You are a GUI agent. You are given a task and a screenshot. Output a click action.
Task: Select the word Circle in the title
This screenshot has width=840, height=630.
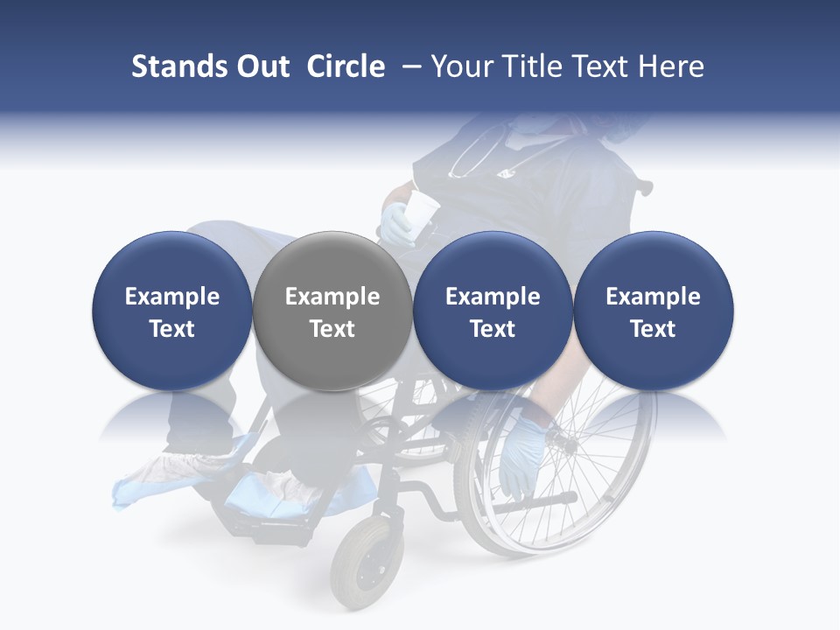click(x=346, y=66)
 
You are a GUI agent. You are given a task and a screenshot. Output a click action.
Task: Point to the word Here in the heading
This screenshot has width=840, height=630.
click(x=671, y=66)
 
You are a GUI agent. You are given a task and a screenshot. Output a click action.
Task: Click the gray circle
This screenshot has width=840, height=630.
click(x=332, y=311)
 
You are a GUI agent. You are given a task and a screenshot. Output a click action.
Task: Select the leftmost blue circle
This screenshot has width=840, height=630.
click(x=172, y=311)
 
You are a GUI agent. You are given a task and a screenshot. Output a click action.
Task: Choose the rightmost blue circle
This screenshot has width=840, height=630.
click(x=653, y=311)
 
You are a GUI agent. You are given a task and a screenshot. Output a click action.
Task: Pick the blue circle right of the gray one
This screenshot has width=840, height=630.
click(x=493, y=311)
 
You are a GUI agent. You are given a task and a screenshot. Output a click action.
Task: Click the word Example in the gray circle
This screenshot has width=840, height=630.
click(x=332, y=297)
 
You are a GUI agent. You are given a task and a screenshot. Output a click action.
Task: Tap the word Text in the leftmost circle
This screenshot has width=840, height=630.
click(x=172, y=329)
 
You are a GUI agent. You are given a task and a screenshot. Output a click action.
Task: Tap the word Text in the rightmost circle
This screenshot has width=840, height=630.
click(x=653, y=329)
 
